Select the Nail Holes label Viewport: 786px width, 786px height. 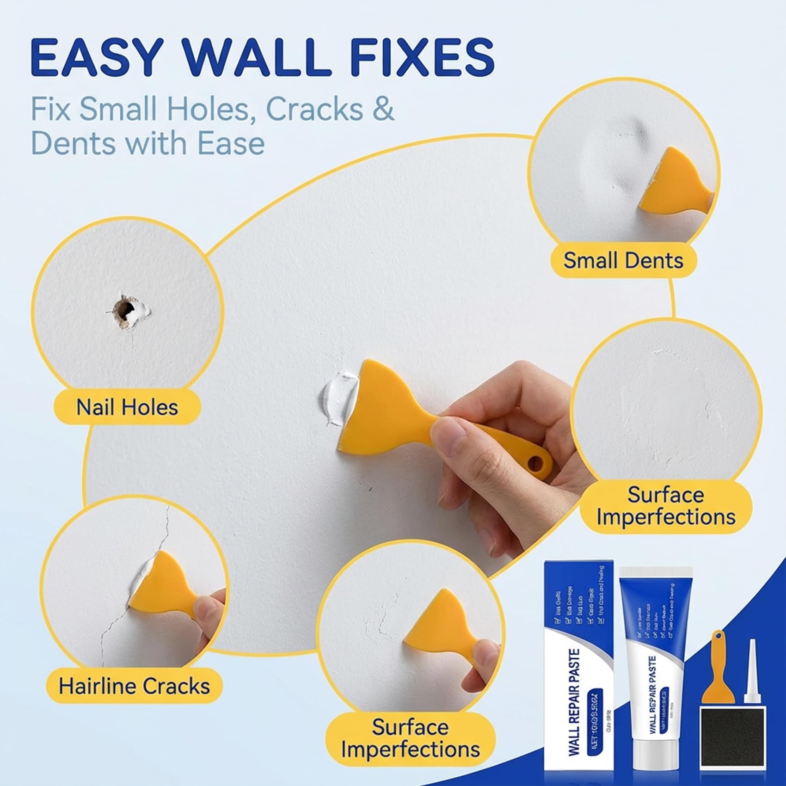coord(127,407)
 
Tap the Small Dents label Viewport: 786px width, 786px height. coord(623,260)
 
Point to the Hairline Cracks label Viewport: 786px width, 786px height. coord(134,686)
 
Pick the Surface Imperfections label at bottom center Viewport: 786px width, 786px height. coord(410,738)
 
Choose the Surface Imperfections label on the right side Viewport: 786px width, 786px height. coord(665,506)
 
